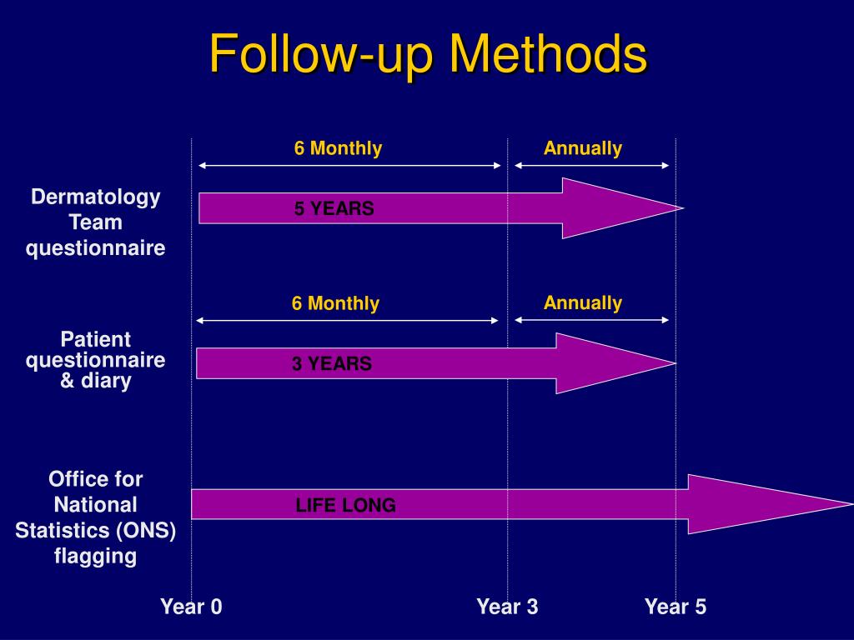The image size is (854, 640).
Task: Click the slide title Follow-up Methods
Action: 427,54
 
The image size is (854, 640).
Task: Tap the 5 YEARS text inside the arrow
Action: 334,209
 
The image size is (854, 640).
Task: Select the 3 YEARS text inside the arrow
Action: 331,363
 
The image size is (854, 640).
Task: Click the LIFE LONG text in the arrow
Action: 345,505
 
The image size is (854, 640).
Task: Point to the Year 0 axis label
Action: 191,607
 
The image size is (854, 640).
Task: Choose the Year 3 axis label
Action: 507,607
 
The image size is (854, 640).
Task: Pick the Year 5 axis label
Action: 675,607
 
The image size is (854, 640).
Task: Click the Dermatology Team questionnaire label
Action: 95,222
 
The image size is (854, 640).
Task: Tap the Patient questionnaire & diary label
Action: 95,360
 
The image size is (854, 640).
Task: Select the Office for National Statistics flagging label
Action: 95,517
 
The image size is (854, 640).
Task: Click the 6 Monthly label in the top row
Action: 338,148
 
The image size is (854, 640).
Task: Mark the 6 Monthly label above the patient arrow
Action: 335,303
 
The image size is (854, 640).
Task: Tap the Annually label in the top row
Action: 582,148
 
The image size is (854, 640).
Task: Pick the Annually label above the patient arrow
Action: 582,302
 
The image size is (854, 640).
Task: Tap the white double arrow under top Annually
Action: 591,166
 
